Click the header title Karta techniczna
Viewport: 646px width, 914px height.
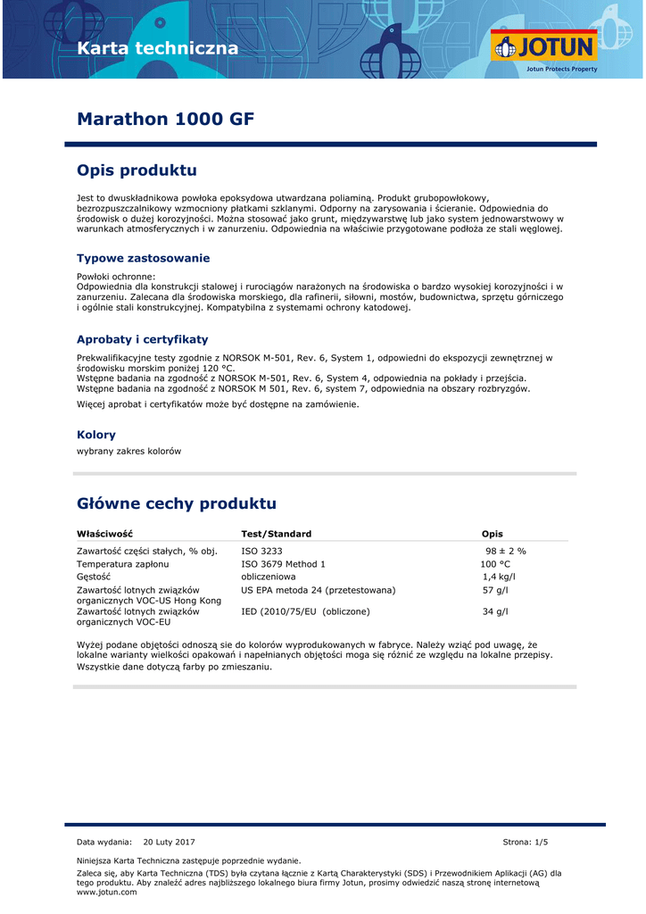click(158, 48)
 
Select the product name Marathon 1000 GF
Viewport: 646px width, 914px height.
click(166, 119)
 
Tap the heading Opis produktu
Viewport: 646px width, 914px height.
click(137, 170)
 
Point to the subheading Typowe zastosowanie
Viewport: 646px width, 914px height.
click(143, 258)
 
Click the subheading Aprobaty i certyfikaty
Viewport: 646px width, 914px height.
click(142, 339)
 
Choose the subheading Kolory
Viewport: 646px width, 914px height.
click(96, 435)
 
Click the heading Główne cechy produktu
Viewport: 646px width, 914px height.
click(177, 503)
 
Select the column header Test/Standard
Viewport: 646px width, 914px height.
click(277, 534)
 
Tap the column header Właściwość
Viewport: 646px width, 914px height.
click(104, 534)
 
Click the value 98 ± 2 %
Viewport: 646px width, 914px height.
click(505, 551)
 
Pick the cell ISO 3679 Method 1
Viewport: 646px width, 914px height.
click(283, 564)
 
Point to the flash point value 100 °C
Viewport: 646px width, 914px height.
click(495, 564)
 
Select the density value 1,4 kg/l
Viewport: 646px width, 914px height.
click(499, 577)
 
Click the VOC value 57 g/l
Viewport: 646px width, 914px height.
click(495, 590)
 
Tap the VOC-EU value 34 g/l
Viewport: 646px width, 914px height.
click(495, 611)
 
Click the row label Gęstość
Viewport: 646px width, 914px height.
click(94, 577)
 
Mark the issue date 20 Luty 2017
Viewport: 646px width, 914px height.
click(169, 842)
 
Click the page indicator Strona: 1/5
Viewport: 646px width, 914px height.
click(526, 842)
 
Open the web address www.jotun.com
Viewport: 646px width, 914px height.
click(107, 892)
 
